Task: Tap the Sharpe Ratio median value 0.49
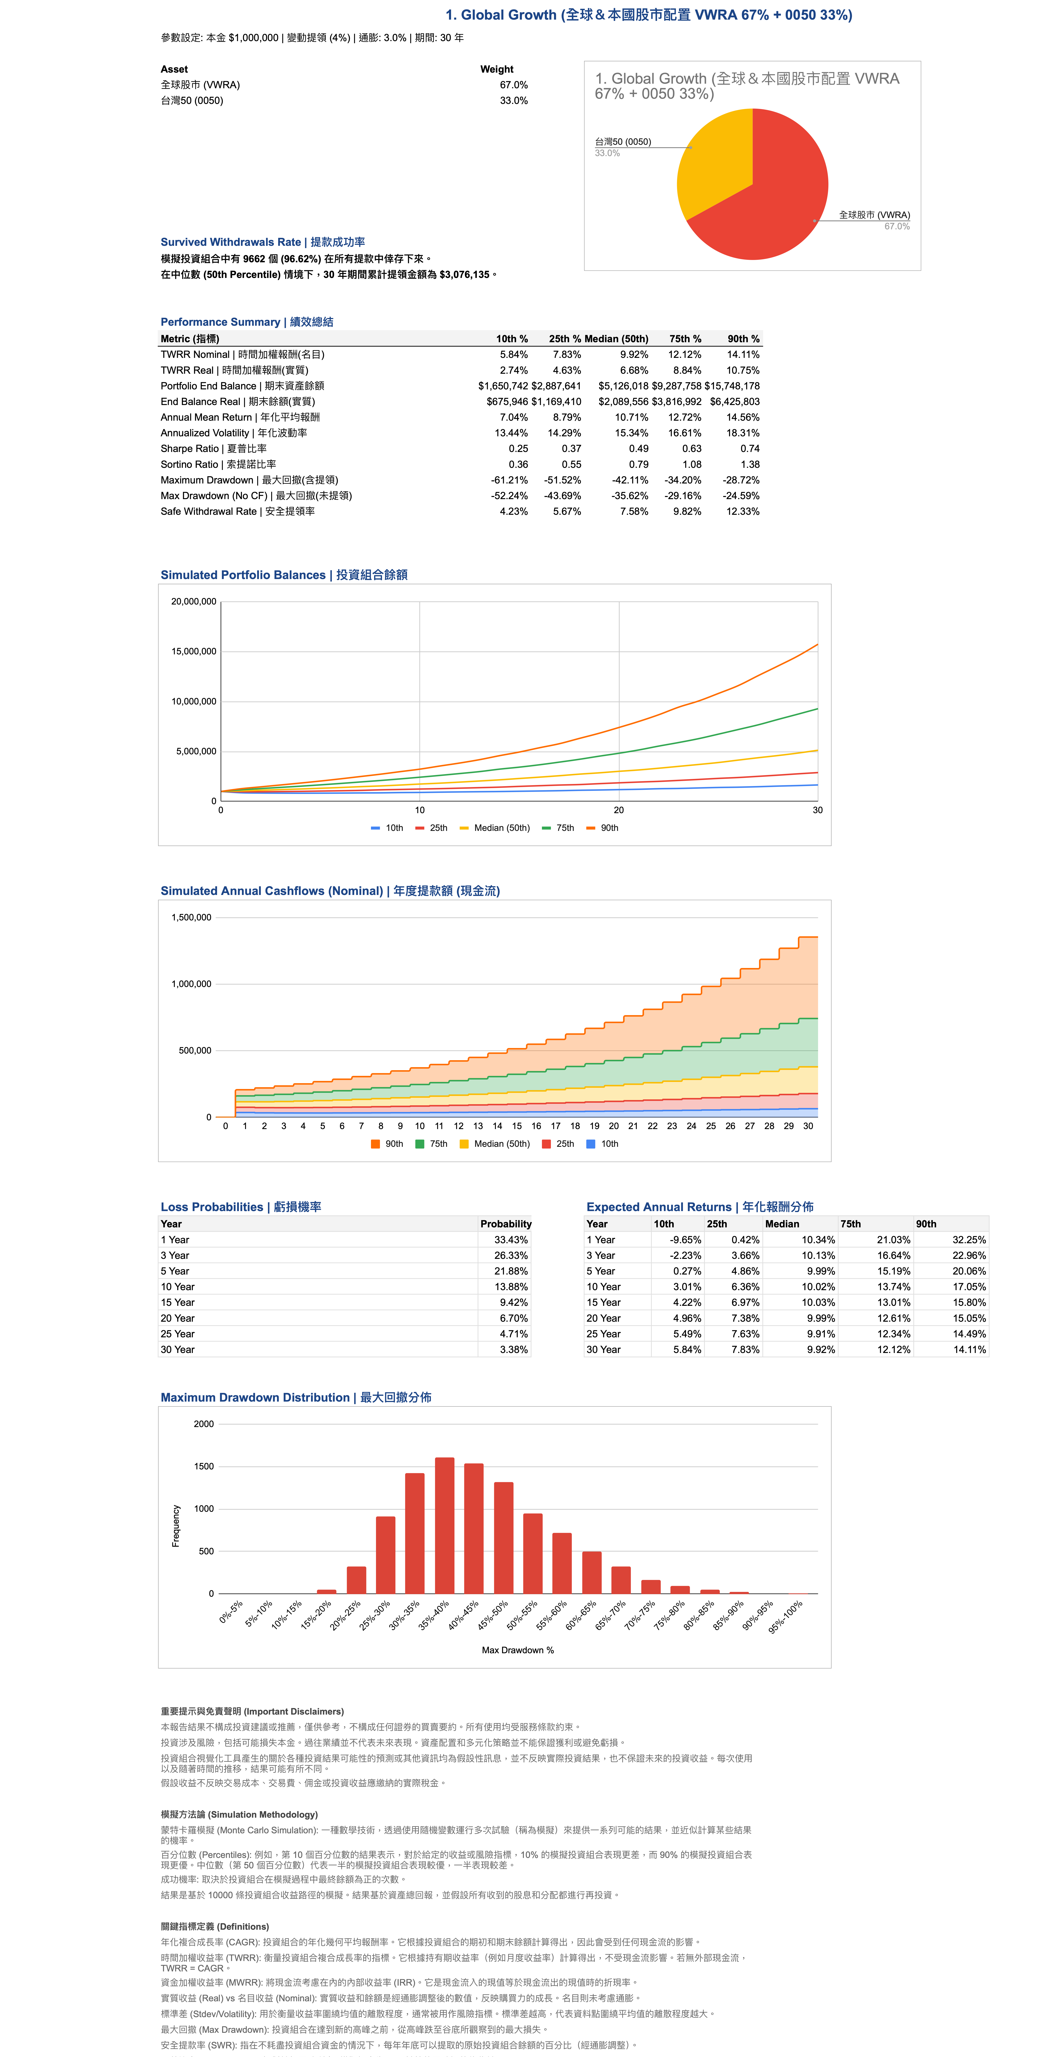click(638, 449)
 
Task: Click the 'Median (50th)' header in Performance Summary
click(616, 339)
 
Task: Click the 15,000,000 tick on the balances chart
click(194, 652)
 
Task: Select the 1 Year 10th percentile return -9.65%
click(686, 1240)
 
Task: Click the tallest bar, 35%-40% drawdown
click(445, 1525)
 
